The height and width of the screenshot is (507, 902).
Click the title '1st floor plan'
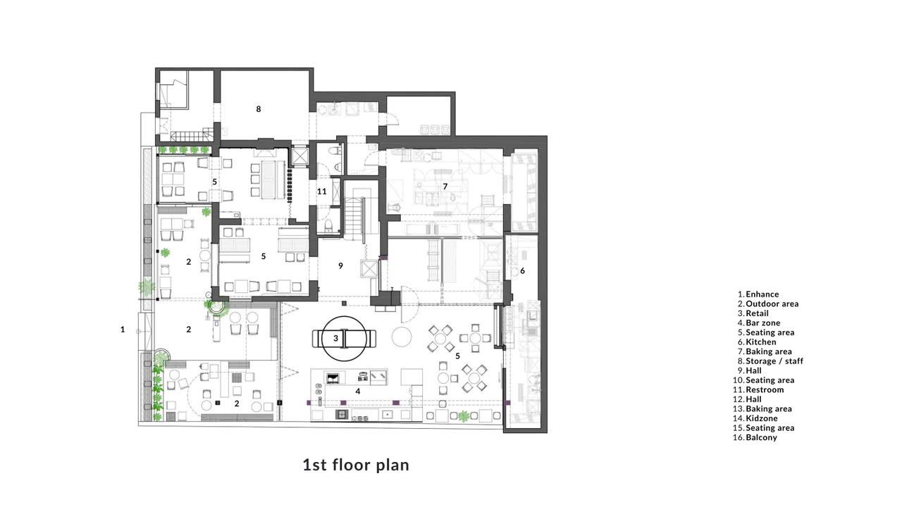[356, 465]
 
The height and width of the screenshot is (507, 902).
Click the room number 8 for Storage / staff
[259, 109]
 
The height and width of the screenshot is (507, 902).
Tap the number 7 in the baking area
[445, 187]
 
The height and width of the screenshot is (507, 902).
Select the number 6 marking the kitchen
[522, 271]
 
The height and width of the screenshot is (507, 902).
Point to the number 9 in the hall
[340, 265]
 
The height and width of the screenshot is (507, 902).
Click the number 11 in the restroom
[322, 192]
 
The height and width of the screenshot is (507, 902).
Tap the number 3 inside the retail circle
[335, 339]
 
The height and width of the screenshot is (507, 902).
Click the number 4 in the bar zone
[357, 391]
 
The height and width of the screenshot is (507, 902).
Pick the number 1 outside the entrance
[123, 330]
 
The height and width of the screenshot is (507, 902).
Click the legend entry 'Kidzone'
[762, 418]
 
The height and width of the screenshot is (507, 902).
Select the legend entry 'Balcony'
[761, 437]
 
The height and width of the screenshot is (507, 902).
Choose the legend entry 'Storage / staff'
[774, 361]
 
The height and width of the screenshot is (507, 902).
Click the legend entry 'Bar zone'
[762, 323]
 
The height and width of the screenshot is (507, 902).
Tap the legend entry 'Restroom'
[765, 390]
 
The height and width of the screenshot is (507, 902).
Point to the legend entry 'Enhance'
[762, 294]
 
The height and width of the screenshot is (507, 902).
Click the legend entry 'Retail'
[757, 313]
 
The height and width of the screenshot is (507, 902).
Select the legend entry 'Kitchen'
[760, 342]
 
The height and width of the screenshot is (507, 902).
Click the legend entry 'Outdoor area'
[772, 303]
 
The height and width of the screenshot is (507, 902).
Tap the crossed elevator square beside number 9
[369, 268]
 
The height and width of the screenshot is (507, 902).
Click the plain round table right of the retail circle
[402, 337]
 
